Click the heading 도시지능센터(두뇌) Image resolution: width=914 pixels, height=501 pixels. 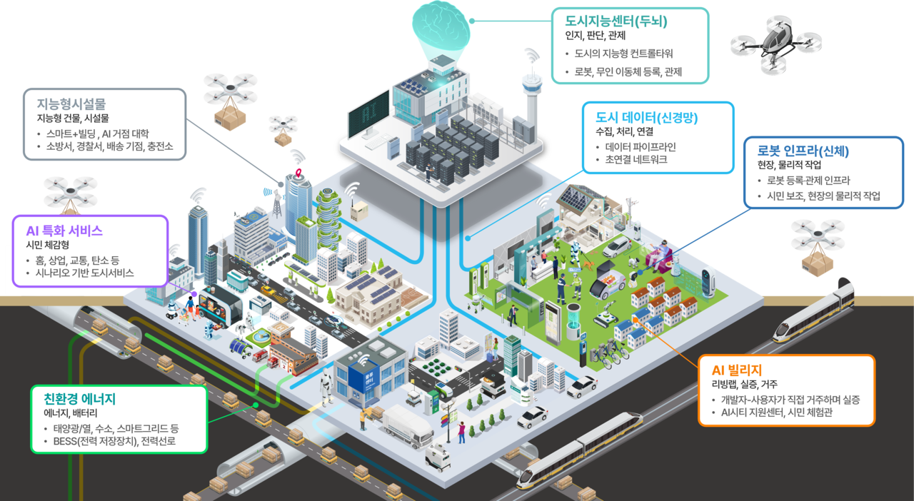pos(616,21)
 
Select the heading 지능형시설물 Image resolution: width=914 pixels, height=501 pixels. pos(71,104)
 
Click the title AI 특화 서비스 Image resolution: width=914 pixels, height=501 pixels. pos(64,231)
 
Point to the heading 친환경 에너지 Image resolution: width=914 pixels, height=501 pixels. pos(80,399)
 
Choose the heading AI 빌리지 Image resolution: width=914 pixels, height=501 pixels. pos(737,370)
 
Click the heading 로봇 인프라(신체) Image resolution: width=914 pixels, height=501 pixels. pos(803,151)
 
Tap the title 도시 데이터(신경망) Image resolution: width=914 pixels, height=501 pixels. pos(646,118)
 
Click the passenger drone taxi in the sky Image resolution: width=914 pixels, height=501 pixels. pos(775,44)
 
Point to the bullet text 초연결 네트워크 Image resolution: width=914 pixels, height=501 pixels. pos(636,160)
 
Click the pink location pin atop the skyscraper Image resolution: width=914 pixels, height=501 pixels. pos(298,173)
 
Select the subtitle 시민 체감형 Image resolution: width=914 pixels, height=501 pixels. pos(47,245)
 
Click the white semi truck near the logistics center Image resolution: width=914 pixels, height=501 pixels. pos(408,426)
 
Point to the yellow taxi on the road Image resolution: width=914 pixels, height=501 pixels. pos(268,290)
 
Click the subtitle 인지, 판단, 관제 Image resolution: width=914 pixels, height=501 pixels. pos(595,36)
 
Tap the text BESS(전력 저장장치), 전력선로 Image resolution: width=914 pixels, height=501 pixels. pos(114,441)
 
